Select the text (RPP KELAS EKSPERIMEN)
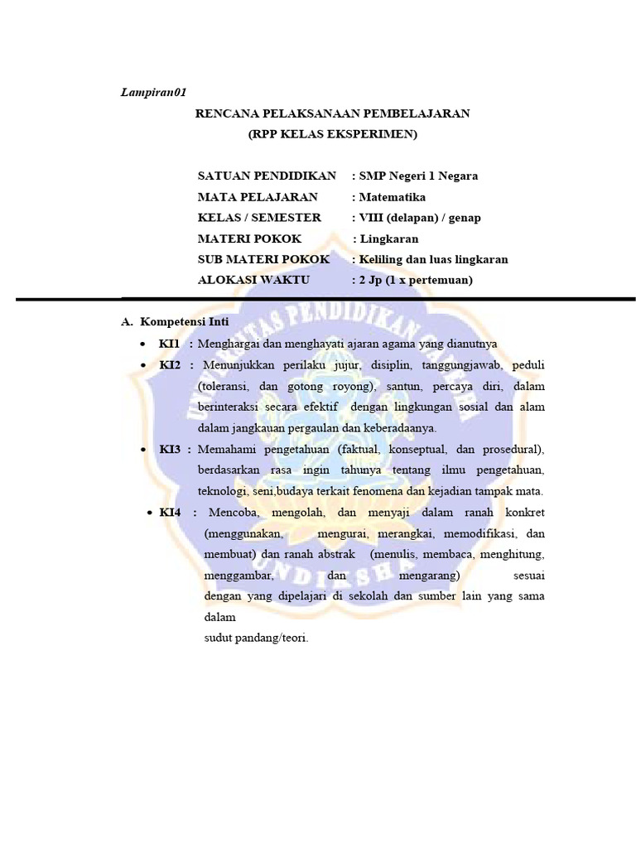point(333,133)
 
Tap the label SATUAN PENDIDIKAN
point(267,176)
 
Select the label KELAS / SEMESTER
point(259,218)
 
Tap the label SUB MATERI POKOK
point(263,259)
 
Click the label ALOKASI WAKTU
point(253,280)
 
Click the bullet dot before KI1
point(144,343)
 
